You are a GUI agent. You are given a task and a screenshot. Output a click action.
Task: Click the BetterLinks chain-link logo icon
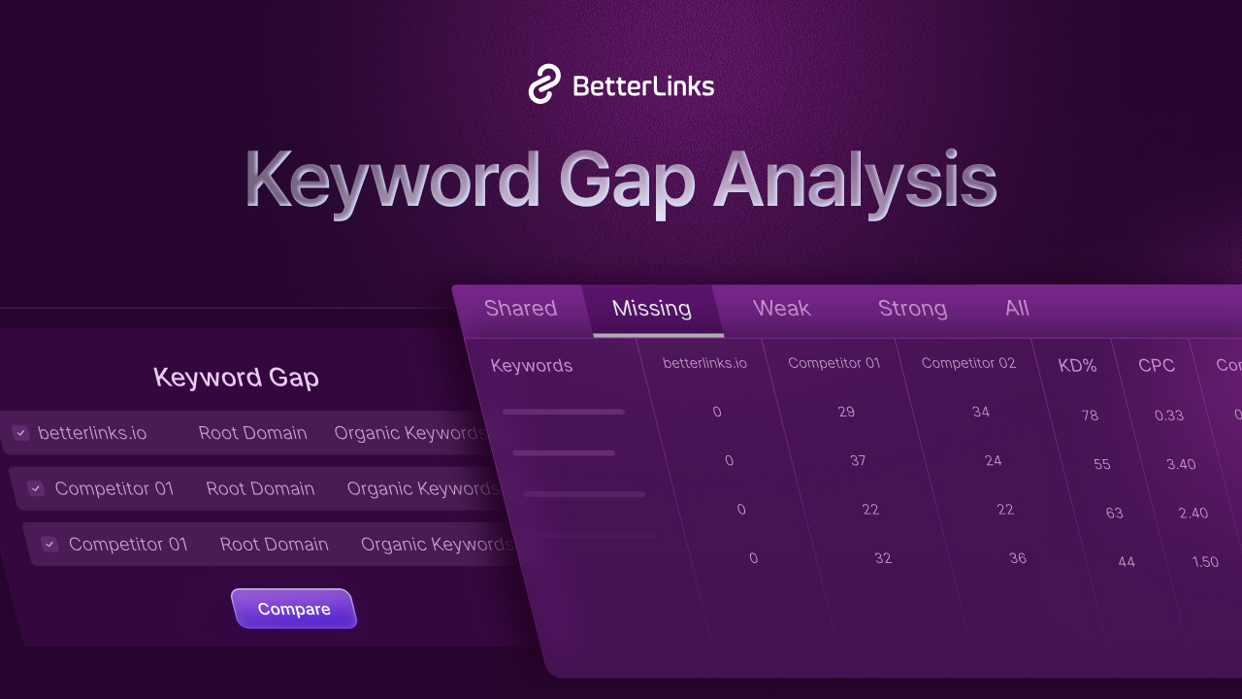[x=545, y=84]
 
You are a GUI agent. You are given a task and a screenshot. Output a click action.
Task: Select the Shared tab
[x=520, y=309]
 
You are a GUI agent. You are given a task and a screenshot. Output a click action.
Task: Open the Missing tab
[x=652, y=309]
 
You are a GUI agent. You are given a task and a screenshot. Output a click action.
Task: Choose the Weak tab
[x=781, y=309]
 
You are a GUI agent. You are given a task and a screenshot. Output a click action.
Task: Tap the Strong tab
[x=912, y=309]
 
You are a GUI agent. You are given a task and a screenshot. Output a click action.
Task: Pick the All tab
[x=1017, y=309]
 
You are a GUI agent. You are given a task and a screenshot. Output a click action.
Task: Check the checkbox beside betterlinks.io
[x=21, y=433]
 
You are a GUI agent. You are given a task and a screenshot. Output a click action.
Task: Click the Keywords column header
[x=532, y=366]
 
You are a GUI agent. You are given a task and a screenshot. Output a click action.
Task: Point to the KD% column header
[x=1077, y=366]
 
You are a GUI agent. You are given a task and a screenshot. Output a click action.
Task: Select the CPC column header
[x=1157, y=366]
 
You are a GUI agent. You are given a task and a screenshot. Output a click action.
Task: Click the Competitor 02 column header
[x=968, y=363]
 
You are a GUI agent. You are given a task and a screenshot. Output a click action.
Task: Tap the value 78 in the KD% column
[x=1090, y=416]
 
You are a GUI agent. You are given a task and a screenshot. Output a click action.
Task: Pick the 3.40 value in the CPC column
[x=1181, y=464]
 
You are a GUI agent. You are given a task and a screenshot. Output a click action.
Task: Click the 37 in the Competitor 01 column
[x=858, y=460]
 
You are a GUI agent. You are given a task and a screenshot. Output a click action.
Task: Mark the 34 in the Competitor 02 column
[x=981, y=412]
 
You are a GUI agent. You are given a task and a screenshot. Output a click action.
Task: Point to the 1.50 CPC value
[x=1205, y=562]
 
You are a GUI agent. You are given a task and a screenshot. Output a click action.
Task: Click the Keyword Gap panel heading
[x=236, y=378]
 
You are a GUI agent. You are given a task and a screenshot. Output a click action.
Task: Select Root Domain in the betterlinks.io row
[x=252, y=433]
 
